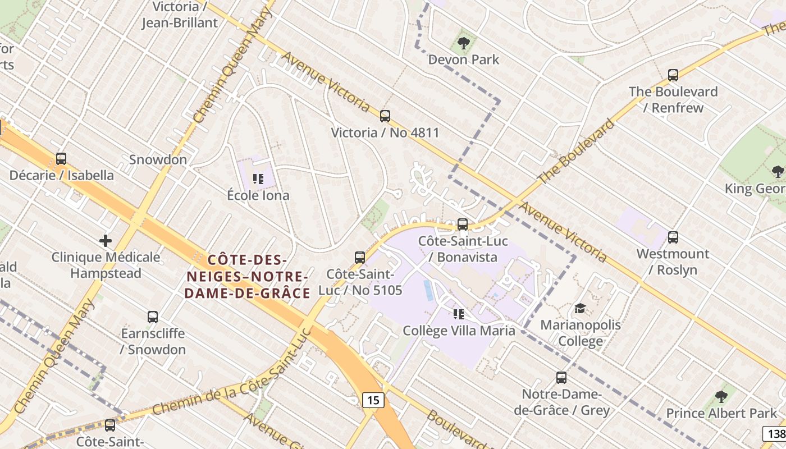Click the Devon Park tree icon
[x=463, y=43]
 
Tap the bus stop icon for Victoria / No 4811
[x=385, y=116]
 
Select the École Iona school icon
[x=258, y=179]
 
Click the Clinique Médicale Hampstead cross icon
[x=106, y=241]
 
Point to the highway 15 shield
[x=373, y=400]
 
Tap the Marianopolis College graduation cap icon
[x=580, y=309]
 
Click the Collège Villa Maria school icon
[x=459, y=314]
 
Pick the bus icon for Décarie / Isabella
[x=61, y=159]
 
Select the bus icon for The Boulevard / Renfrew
[x=673, y=75]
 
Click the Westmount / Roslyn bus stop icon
[x=673, y=237]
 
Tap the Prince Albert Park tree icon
[x=721, y=397]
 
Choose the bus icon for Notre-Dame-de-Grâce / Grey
[x=561, y=378]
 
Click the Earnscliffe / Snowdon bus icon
[x=153, y=317]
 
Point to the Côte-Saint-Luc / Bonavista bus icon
[x=463, y=224]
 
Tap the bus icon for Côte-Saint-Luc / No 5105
[x=360, y=258]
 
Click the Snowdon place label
[x=158, y=159]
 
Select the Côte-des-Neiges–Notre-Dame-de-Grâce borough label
[x=248, y=277]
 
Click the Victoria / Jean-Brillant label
[x=179, y=15]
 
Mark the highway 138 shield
[x=775, y=433]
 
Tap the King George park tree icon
[x=778, y=171]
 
